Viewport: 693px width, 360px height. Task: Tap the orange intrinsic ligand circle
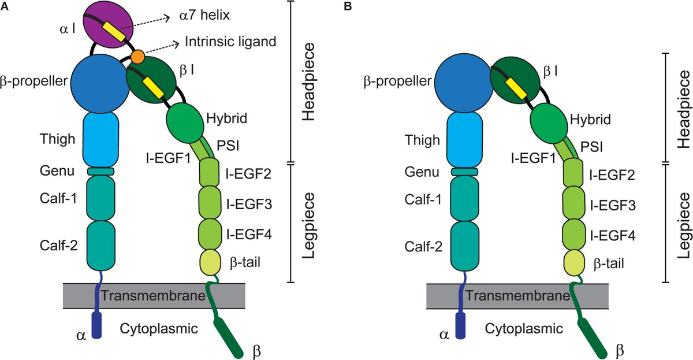[x=137, y=57]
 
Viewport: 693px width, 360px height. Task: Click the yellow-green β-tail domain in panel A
[x=212, y=261]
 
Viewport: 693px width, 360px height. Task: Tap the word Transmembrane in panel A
[x=154, y=296]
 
